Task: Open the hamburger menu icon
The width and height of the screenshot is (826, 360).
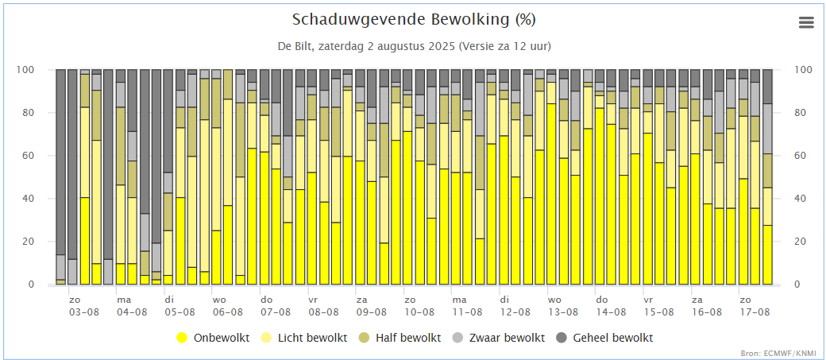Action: (x=806, y=22)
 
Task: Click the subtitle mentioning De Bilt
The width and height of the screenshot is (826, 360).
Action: (x=413, y=45)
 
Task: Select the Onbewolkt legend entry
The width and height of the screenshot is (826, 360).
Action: (x=220, y=338)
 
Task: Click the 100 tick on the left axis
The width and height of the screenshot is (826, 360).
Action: (x=26, y=70)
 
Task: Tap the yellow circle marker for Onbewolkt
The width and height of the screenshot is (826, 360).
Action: (x=182, y=338)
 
